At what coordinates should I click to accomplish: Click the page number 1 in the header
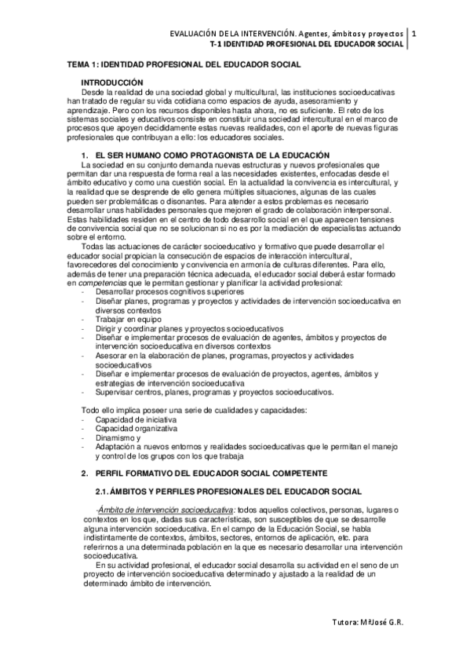tap(414, 34)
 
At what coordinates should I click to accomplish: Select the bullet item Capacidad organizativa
tap(135, 429)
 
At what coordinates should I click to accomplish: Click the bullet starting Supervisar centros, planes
tap(214, 392)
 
